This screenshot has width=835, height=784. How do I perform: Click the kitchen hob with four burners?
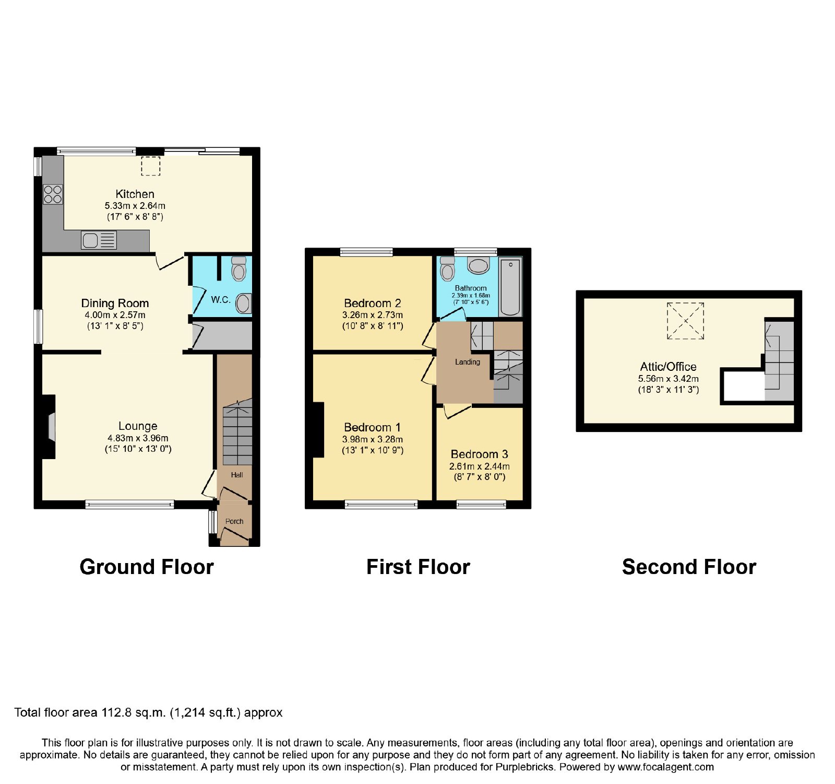[x=53, y=194]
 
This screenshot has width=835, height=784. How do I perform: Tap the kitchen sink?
[x=99, y=241]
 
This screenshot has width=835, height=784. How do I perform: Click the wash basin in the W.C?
[x=243, y=303]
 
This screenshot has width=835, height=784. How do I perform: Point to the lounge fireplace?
[x=49, y=426]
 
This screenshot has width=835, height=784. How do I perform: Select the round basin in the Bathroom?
[x=479, y=266]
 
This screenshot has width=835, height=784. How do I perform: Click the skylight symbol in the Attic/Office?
[x=685, y=321]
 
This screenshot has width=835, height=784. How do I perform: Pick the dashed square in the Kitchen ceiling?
[x=151, y=166]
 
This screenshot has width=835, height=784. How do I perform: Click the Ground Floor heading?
[x=147, y=567]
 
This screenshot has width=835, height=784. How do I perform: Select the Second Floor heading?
[x=689, y=567]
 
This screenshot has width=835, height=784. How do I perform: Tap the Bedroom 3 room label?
[x=479, y=454]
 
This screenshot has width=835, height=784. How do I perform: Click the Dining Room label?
[x=115, y=303]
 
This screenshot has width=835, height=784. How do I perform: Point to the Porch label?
[x=234, y=521]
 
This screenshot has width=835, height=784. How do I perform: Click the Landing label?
[x=467, y=361]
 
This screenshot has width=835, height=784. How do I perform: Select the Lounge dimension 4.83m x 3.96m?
[x=138, y=438]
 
